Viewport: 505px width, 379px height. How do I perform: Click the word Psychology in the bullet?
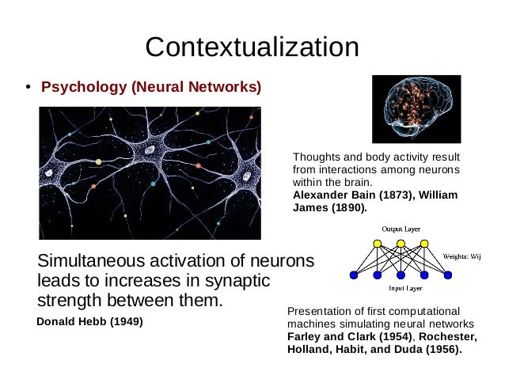[x=76, y=85]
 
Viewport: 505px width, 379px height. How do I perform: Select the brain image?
[x=416, y=109]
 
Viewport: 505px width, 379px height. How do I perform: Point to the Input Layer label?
[x=401, y=289]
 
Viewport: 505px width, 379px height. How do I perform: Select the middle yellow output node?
[x=401, y=243]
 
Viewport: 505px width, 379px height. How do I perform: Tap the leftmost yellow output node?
[x=378, y=243]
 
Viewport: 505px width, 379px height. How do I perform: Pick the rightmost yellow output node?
[x=424, y=243]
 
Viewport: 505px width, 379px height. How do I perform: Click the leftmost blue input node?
[x=354, y=275]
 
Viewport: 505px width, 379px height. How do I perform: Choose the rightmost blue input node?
[x=448, y=275]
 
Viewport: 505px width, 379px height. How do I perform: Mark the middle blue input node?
[x=401, y=275]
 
